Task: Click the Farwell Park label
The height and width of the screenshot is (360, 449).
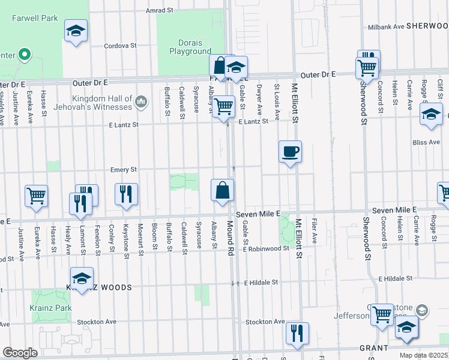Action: click(x=35, y=18)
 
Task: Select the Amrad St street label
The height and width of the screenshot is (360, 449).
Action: click(x=159, y=11)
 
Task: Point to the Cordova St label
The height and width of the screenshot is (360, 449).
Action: click(x=121, y=46)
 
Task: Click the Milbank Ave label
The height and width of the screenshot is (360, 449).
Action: click(x=385, y=27)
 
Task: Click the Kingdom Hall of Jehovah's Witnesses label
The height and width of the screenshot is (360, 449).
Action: click(x=102, y=103)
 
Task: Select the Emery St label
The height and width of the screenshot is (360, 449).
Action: click(x=124, y=170)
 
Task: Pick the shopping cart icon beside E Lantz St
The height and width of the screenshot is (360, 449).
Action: click(x=223, y=106)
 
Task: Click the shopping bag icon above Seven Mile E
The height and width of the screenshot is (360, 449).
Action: click(x=222, y=190)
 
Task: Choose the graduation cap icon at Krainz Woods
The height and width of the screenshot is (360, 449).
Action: click(x=82, y=278)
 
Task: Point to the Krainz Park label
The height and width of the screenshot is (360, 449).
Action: click(x=51, y=308)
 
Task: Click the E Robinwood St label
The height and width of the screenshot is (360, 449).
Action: click(x=266, y=248)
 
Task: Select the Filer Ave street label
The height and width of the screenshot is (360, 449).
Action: click(x=315, y=230)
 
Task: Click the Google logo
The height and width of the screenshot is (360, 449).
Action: click(x=20, y=353)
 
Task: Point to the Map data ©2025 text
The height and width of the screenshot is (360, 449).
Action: click(x=423, y=355)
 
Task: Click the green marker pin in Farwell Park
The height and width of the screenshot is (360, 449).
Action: click(x=25, y=55)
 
